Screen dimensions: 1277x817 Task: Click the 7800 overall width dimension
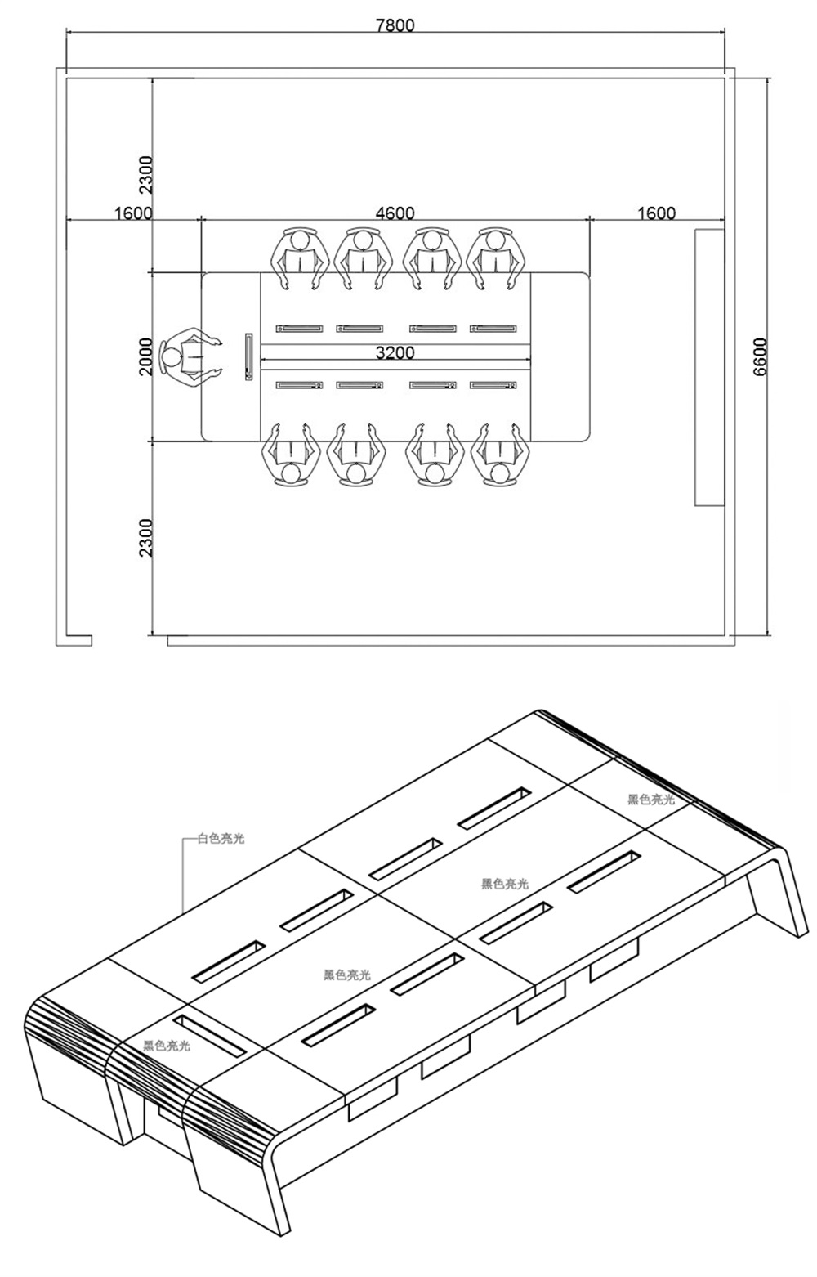[x=395, y=25]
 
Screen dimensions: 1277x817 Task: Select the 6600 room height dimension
[x=760, y=356]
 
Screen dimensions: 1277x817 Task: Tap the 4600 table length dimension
[x=395, y=213]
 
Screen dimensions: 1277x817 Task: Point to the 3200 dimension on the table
[x=395, y=353]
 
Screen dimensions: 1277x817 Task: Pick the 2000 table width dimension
[x=145, y=356]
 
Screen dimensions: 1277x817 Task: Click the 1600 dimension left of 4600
[x=133, y=213]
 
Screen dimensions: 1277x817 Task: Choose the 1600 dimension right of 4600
[x=656, y=213]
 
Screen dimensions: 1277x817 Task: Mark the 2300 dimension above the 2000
[x=145, y=174]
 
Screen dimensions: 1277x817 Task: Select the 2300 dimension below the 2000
[x=145, y=537]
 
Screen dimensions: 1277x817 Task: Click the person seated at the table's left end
[x=189, y=357]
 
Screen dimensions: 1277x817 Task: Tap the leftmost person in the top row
[x=301, y=256]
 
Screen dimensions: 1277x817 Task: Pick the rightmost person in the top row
[x=496, y=256]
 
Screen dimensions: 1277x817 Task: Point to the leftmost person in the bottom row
[x=289, y=456]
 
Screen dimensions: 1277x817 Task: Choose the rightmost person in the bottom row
[x=498, y=456]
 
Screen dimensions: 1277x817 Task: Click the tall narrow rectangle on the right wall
[x=709, y=367]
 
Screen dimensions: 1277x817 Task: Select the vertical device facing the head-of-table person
[x=248, y=356]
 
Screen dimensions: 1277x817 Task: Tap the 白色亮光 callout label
[x=221, y=839]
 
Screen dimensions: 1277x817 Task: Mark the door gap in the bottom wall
[x=129, y=640]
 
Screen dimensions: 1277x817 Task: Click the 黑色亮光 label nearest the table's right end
[x=651, y=800]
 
